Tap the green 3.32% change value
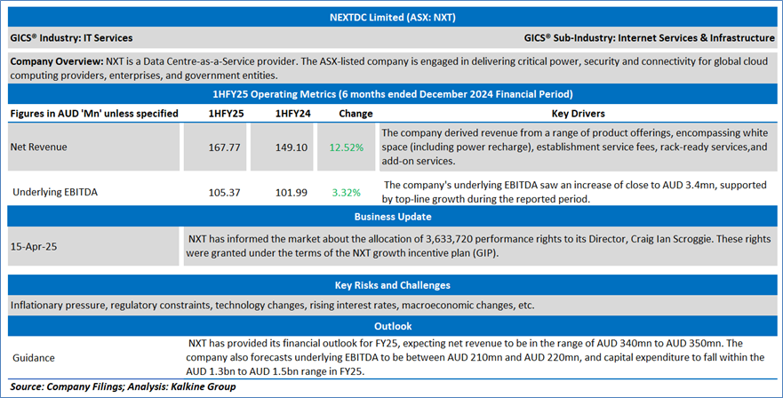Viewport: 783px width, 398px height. [347, 191]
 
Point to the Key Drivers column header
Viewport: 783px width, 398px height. [578, 114]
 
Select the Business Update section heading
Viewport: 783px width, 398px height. [391, 217]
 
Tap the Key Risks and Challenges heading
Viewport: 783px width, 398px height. [391, 285]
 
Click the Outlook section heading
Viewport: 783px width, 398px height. [391, 326]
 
